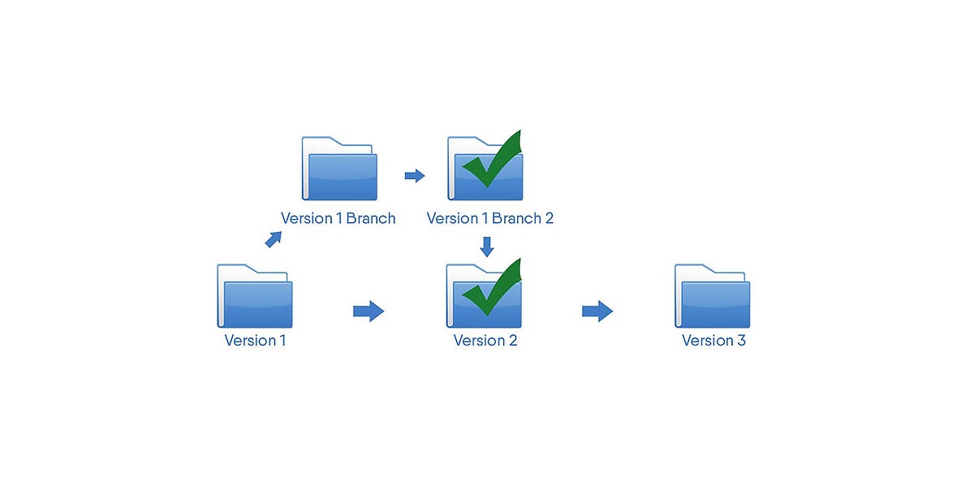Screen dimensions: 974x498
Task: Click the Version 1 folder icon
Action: [255, 296]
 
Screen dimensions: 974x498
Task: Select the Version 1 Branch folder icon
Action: [339, 169]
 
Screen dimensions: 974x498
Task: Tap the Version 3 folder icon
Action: [713, 296]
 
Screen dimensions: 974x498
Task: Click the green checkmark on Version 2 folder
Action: [492, 287]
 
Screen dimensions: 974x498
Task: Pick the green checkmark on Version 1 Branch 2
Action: [492, 159]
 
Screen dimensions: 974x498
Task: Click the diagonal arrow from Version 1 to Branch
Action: [274, 239]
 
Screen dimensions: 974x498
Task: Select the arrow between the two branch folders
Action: [415, 175]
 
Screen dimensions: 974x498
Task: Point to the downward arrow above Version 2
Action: [487, 247]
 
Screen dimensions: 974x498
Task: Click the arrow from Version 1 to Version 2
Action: [368, 311]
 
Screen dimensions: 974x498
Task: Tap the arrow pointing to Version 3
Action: [597, 311]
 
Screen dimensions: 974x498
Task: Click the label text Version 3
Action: [713, 341]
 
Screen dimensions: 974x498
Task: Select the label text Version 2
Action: [485, 341]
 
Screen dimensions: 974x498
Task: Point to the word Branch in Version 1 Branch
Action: [370, 218]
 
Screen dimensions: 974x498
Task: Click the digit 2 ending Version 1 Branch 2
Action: [549, 218]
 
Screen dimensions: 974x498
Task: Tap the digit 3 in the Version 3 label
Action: [741, 341]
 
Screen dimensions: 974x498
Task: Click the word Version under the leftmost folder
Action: [251, 341]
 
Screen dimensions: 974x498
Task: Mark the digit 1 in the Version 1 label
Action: [282, 341]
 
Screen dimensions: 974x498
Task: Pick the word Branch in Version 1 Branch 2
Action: [516, 218]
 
